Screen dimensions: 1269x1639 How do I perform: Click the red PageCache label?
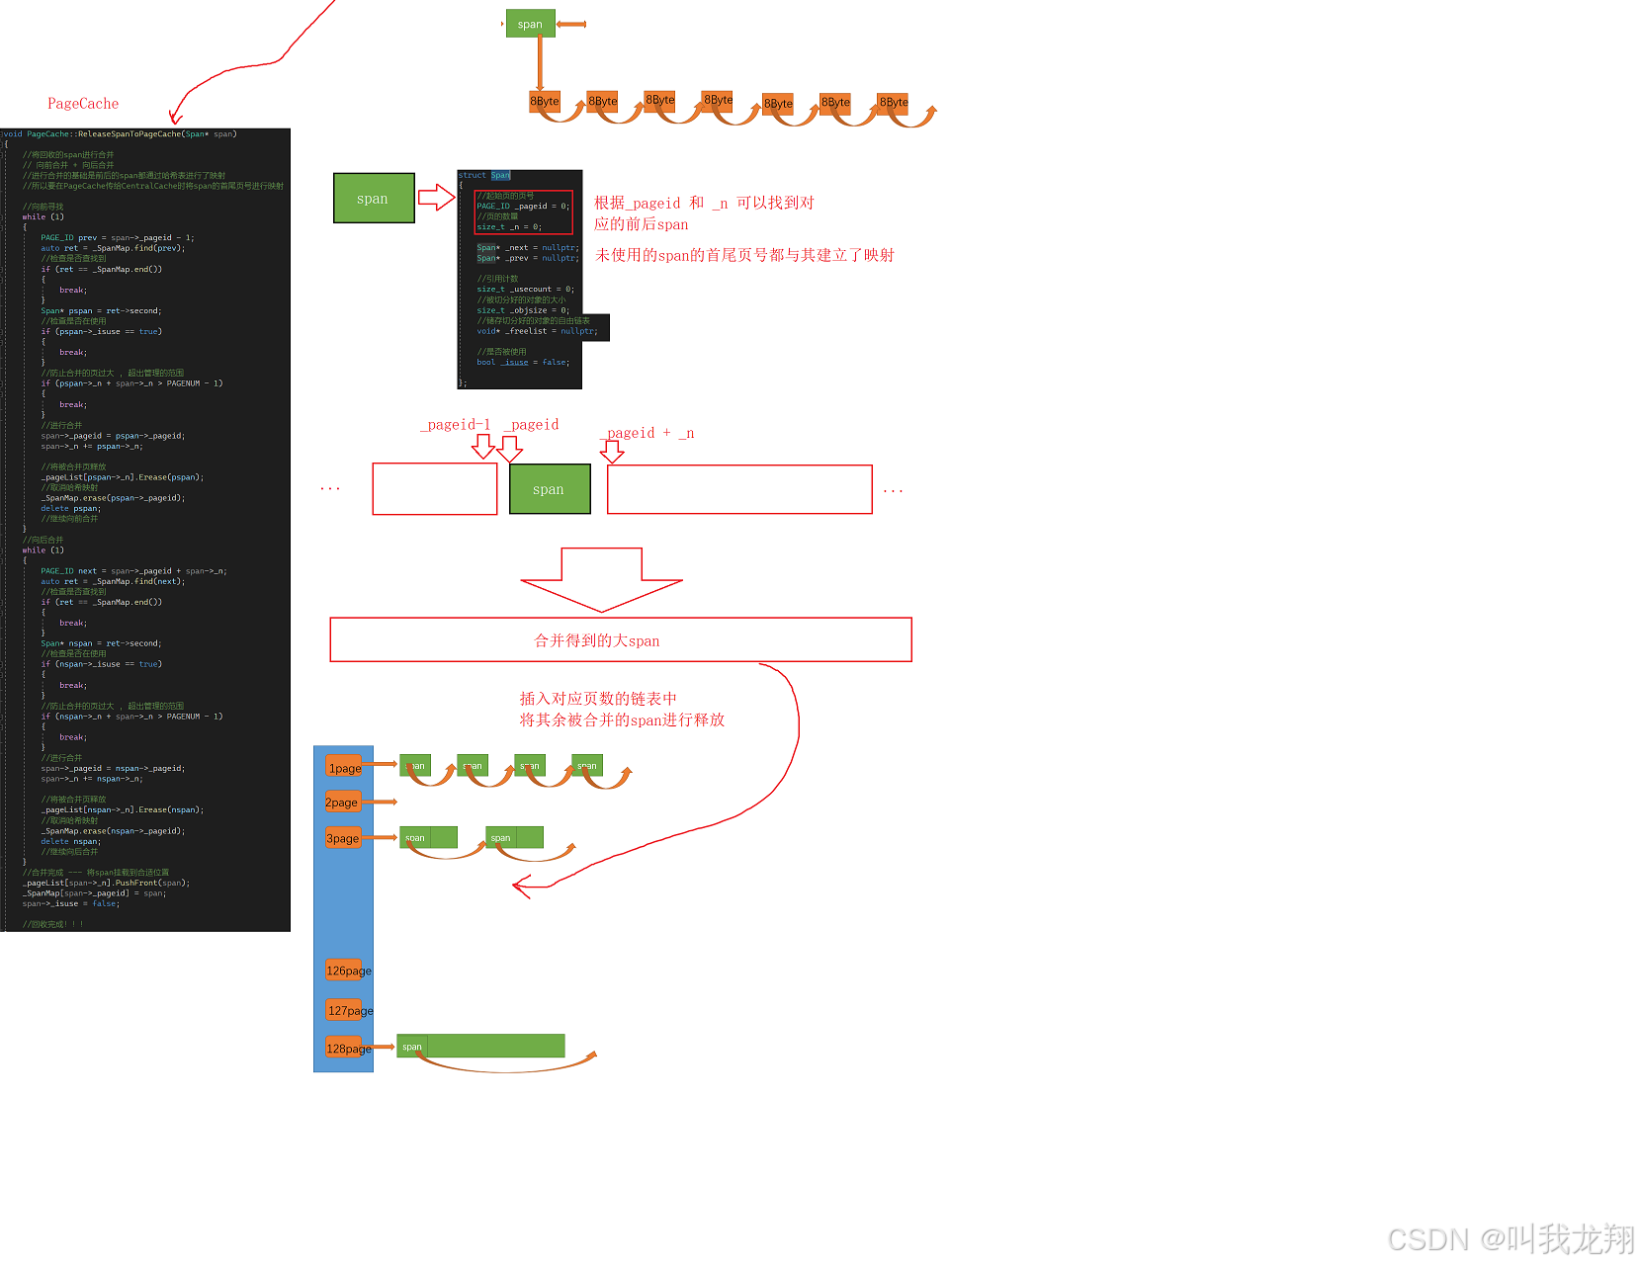point(83,104)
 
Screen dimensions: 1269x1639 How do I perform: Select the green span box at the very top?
point(530,24)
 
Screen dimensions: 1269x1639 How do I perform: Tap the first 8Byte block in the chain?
point(545,101)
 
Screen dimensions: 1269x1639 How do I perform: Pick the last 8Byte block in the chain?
point(894,102)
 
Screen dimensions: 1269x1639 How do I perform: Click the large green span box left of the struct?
point(374,198)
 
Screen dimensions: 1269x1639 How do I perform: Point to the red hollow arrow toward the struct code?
point(436,198)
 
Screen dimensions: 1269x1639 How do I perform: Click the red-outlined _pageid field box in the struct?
point(523,211)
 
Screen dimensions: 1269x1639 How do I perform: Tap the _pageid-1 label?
point(456,425)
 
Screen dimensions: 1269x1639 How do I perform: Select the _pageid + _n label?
point(649,433)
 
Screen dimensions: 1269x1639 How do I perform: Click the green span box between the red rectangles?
point(550,489)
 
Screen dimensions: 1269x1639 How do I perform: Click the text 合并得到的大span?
point(597,640)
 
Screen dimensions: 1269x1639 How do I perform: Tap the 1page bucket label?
point(344,768)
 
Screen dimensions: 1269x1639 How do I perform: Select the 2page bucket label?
point(342,803)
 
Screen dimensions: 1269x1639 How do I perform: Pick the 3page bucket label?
point(343,839)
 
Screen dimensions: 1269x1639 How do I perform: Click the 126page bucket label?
point(348,971)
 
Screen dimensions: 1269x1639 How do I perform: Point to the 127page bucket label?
point(350,1010)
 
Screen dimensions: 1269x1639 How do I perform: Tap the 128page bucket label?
point(348,1049)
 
